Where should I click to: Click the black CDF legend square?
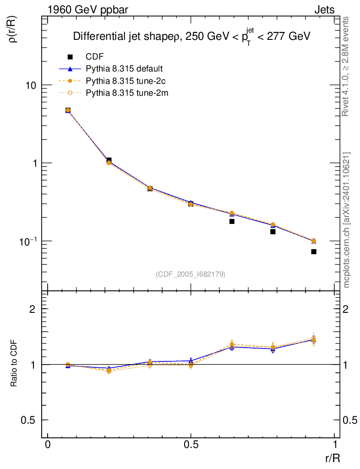pyautogui.click(x=70, y=57)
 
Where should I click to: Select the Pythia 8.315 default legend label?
pyautogui.click(x=124, y=69)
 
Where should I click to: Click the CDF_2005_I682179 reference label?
pyautogui.click(x=191, y=274)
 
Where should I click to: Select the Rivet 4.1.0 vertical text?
pyautogui.click(x=346, y=66)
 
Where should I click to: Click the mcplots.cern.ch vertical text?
pyautogui.click(x=346, y=220)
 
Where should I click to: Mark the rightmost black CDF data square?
pyautogui.click(x=314, y=251)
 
